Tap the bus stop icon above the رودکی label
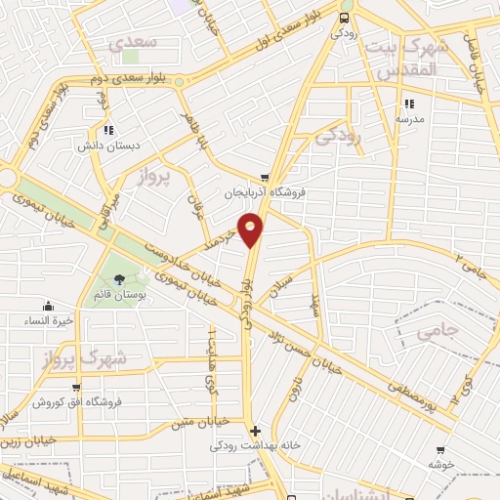tap(343, 18)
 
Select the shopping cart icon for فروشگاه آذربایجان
tap(251, 177)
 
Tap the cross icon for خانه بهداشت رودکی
tap(255, 431)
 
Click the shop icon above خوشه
tap(440, 450)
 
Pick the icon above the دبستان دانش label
tap(109, 129)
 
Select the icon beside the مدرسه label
tap(407, 103)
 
